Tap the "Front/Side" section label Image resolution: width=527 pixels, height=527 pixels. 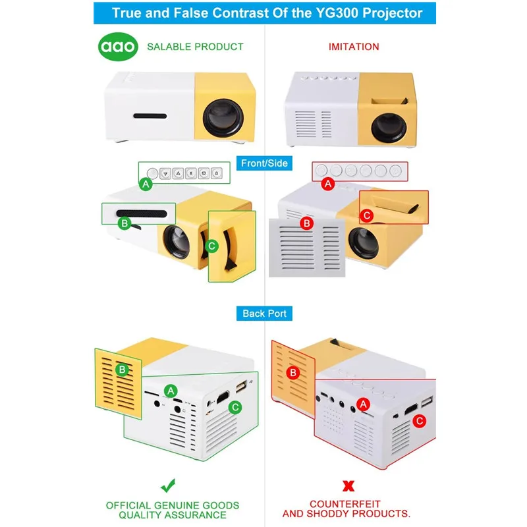point(263,163)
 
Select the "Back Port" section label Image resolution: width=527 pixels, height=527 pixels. point(263,314)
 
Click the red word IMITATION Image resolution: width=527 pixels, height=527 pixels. point(354,47)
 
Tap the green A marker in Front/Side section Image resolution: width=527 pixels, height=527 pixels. point(147,186)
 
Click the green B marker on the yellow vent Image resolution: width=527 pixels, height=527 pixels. point(121,370)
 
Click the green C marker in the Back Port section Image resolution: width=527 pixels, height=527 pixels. point(235,407)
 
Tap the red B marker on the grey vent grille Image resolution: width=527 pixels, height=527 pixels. point(306,224)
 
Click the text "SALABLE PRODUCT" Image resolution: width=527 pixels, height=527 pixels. point(195,47)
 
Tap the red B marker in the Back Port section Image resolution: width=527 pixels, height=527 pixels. point(294,374)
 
